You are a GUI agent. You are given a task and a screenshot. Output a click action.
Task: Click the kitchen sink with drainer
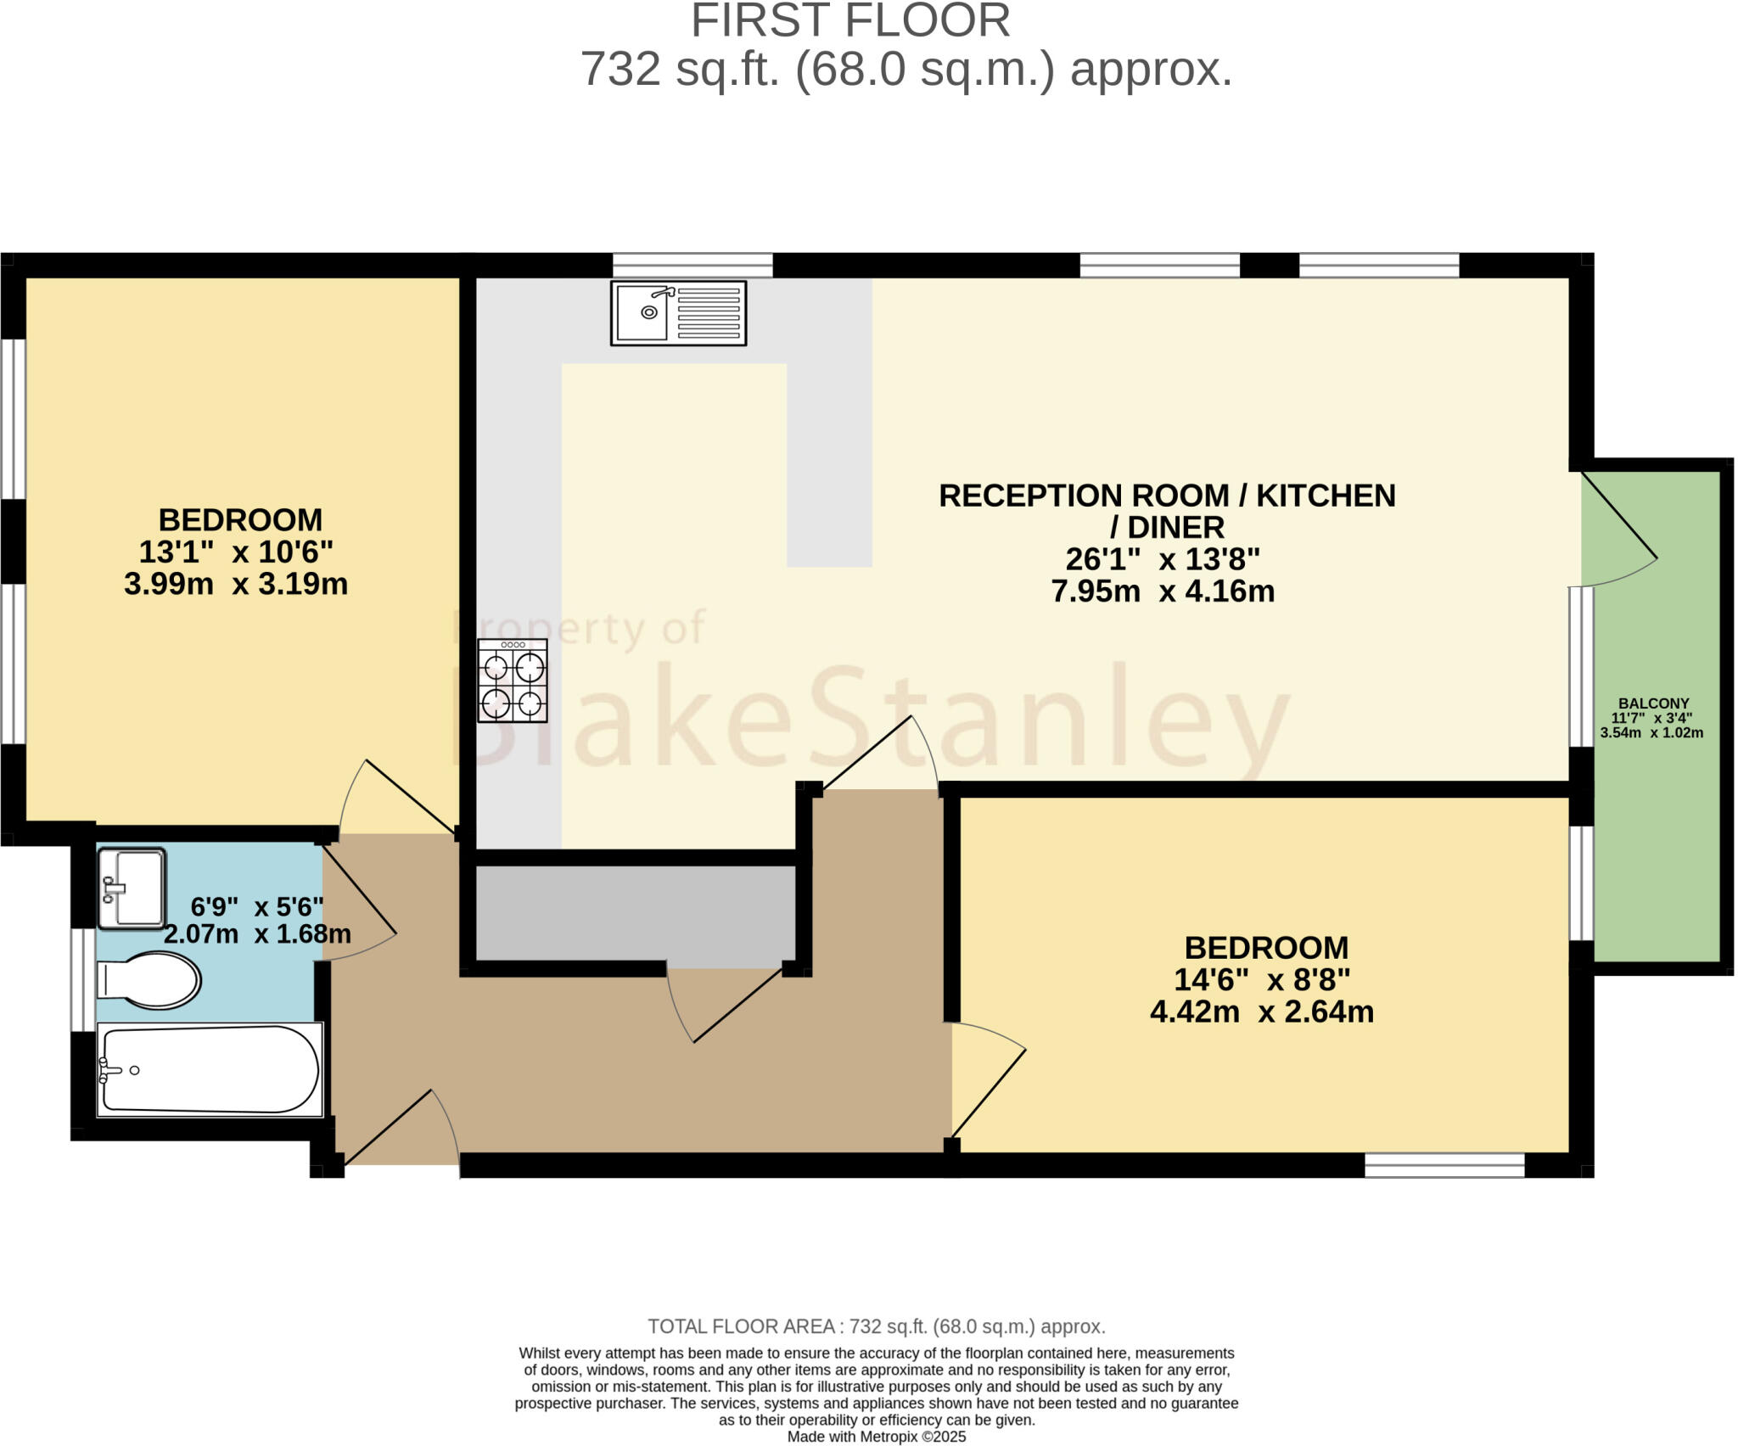(x=678, y=313)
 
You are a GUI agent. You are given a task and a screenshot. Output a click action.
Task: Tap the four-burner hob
(x=513, y=681)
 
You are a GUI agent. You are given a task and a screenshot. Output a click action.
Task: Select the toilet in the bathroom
(x=149, y=980)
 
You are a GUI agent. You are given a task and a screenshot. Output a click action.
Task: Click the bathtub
(x=210, y=1069)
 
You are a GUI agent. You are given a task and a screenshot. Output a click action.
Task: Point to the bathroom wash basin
(x=132, y=888)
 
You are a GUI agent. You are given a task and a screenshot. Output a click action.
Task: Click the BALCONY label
(x=1653, y=703)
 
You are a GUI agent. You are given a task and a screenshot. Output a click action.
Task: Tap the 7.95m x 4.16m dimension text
(x=1163, y=591)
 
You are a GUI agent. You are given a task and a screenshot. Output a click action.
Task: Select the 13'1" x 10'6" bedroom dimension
(x=236, y=552)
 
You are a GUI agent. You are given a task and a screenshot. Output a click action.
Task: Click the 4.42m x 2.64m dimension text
(x=1261, y=1012)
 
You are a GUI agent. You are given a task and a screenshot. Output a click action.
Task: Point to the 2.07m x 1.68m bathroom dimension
(x=257, y=934)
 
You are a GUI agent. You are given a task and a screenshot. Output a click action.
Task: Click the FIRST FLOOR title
(x=850, y=21)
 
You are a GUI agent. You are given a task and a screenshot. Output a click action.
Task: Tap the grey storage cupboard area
(x=635, y=914)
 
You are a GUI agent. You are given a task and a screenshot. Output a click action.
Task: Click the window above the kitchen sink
(x=692, y=266)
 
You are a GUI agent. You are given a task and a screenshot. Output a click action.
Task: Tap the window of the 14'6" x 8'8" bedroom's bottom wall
(x=1444, y=1165)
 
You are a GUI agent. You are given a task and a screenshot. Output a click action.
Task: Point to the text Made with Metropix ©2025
(x=877, y=1437)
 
